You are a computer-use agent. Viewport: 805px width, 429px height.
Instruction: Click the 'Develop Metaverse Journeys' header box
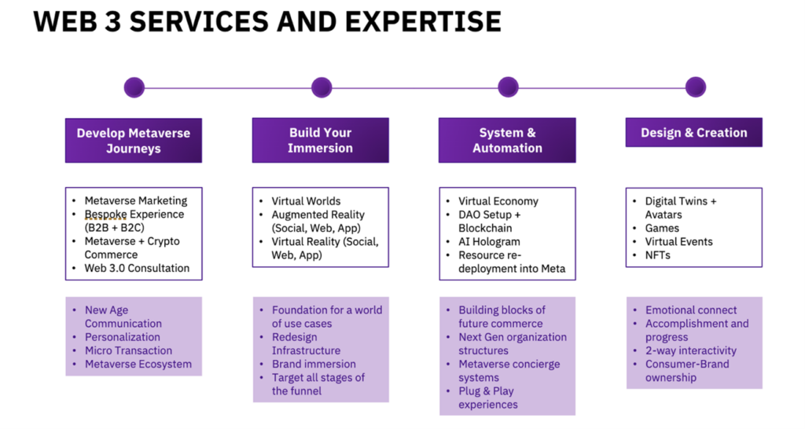134,141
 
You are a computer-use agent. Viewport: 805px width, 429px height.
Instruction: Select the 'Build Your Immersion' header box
320,141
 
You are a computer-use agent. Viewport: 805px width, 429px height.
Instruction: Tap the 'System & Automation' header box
507,141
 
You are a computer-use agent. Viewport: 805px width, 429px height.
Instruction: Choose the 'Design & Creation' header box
693,133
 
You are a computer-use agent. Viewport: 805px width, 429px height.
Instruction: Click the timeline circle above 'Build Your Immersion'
322,87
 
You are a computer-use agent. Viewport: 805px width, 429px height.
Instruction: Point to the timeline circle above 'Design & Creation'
695,87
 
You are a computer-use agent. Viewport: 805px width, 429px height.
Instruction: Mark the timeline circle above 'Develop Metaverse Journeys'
134,87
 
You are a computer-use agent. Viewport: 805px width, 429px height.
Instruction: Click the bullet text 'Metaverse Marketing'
136,201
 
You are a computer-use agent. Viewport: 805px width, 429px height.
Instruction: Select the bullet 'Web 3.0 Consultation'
137,268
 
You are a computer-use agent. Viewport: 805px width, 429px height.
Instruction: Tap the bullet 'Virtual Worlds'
306,201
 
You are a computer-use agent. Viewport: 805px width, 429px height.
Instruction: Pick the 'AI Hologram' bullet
489,241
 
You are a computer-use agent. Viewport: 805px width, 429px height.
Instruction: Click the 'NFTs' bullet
657,255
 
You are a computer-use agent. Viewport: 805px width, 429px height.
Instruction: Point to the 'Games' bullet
662,228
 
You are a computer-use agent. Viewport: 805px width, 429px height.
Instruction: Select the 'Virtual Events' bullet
678,241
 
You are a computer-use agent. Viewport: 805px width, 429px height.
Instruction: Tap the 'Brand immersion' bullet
314,364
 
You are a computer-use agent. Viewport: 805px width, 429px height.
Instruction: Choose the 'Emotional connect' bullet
691,310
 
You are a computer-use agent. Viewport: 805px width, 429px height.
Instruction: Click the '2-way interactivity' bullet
691,350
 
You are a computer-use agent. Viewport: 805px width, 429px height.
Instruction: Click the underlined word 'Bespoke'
105,214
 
